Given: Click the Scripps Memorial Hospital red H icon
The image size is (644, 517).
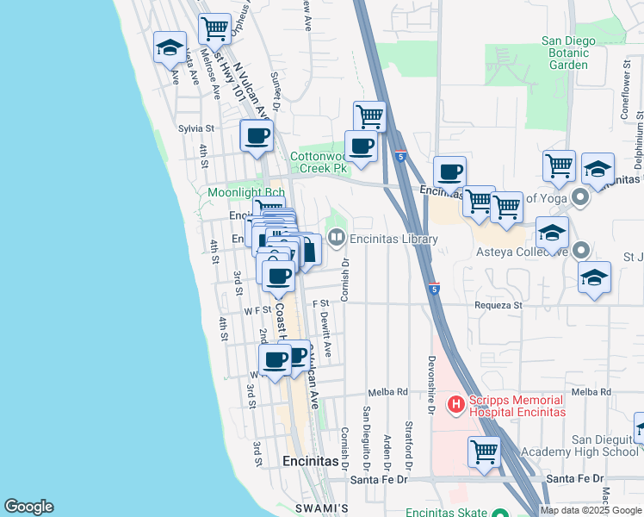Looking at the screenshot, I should click(x=455, y=403).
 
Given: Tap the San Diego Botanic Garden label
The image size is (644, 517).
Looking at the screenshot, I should click(x=568, y=53).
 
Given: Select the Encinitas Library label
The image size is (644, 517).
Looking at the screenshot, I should click(x=393, y=239).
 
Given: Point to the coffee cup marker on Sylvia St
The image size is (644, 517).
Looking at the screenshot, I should click(x=257, y=136).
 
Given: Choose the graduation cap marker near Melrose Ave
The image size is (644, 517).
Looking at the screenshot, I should click(x=170, y=47).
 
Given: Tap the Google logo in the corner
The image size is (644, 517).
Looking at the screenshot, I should click(x=28, y=507).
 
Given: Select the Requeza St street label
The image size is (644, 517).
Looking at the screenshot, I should click(x=498, y=305).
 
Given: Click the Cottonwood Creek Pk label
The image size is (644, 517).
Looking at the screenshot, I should click(x=319, y=163).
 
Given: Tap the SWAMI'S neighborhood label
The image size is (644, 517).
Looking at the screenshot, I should click(x=319, y=508).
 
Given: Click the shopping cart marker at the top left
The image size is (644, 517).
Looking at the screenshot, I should click(x=214, y=28).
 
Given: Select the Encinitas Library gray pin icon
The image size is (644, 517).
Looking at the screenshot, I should click(x=336, y=239).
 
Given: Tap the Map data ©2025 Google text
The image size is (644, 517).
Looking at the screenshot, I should click(x=591, y=510).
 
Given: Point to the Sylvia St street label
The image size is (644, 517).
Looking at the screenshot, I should click(x=195, y=128).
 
